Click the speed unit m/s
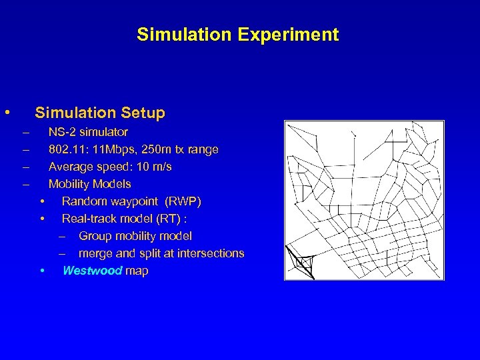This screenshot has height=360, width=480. (x=161, y=167)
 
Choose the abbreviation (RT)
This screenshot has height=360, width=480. (x=169, y=219)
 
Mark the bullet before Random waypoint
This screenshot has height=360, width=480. (x=41, y=201)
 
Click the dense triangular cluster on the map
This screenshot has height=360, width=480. (x=301, y=263)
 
